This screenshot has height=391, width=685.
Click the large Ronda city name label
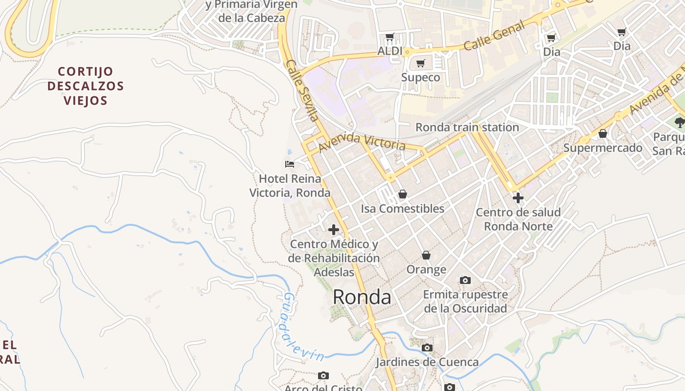[x=362, y=297]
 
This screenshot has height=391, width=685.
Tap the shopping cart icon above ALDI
[x=390, y=37]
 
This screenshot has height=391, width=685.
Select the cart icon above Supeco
[x=420, y=63]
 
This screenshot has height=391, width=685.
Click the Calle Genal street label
[x=494, y=36]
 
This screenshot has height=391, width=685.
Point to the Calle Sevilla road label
[x=302, y=90]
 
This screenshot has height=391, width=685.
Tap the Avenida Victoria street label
[x=362, y=141]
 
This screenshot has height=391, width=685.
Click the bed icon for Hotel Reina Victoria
[x=290, y=164]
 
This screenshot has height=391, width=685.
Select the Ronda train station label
[x=467, y=128]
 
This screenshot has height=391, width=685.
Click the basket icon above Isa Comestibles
[x=402, y=194]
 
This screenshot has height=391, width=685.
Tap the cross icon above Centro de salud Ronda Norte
[x=518, y=198]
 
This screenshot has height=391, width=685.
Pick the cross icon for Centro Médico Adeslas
[x=334, y=229]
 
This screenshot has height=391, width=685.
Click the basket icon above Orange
[x=426, y=255]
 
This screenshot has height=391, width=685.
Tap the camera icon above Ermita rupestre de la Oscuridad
[x=465, y=280]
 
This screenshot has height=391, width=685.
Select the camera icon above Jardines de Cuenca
[x=427, y=348]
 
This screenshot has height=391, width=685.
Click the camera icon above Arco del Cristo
[x=323, y=375]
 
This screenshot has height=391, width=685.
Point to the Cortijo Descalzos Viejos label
[x=85, y=86]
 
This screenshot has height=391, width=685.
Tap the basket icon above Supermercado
[x=603, y=133]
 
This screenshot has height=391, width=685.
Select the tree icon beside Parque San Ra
[x=679, y=122]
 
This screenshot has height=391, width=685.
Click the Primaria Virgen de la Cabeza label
[x=251, y=11]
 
